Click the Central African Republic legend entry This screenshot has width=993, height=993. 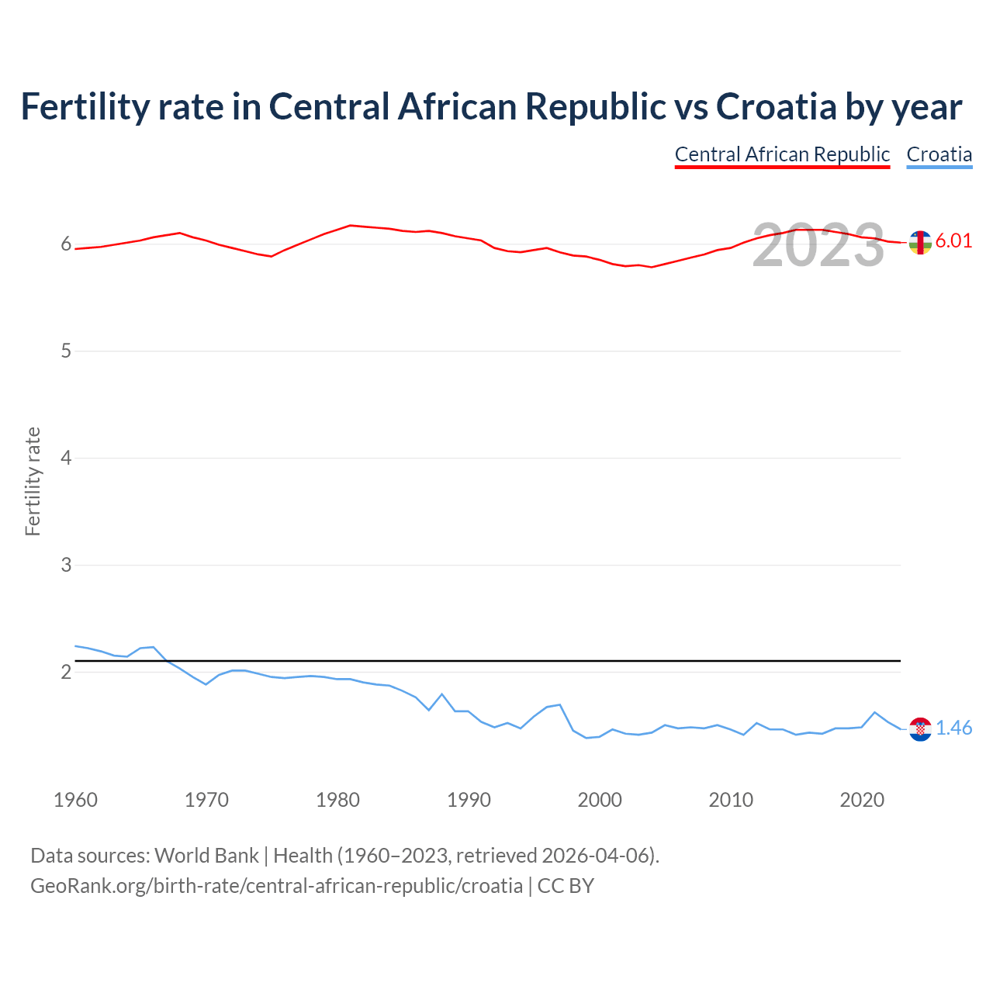point(782,154)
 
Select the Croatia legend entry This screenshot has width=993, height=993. point(939,154)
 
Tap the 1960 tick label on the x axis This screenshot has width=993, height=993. point(75,800)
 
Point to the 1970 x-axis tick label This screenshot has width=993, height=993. point(206,800)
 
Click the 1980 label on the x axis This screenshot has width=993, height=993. point(337,800)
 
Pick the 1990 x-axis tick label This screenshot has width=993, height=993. point(469,800)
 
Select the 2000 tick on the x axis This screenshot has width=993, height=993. point(600,800)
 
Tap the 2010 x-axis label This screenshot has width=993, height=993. point(731,800)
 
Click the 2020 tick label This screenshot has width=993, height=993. point(862,800)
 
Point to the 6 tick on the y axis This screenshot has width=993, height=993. point(66,244)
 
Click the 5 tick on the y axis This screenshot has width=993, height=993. point(66,351)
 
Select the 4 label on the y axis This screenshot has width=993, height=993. point(66,458)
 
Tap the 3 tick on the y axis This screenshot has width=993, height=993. point(66,565)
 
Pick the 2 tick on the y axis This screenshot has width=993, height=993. point(66,672)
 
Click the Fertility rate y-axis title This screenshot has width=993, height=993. point(33,481)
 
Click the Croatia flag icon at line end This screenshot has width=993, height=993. point(920,728)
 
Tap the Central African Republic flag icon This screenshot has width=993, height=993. point(920,242)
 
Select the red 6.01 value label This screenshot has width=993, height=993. point(953,241)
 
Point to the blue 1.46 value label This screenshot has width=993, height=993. point(953,728)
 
